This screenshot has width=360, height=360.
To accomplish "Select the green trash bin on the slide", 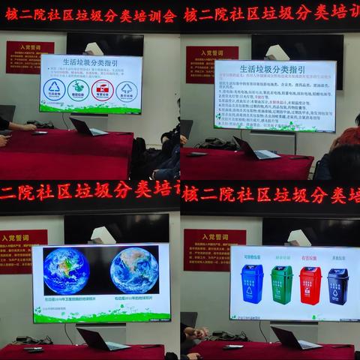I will click(x=281, y=285).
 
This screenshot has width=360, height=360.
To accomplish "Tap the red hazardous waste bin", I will click(x=310, y=285).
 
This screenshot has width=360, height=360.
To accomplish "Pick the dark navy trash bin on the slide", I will click(x=337, y=286).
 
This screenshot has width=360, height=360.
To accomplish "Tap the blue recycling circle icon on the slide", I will click(x=55, y=90).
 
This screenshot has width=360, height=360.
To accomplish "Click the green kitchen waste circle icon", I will click(x=78, y=90).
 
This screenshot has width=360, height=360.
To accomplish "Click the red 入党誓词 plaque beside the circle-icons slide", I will click(x=29, y=57).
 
